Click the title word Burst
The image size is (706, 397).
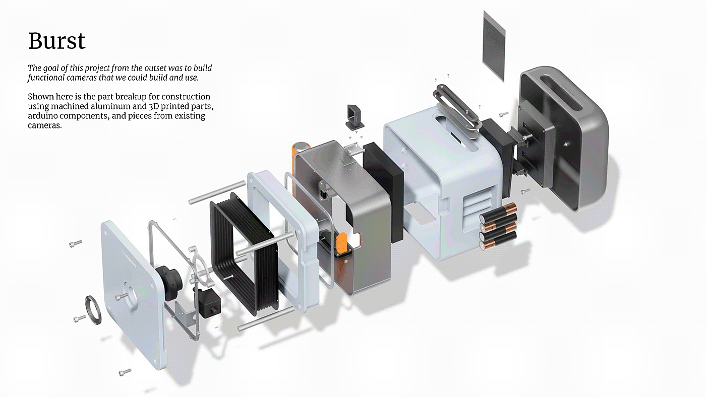(x=57, y=40)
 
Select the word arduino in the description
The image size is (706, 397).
(x=44, y=116)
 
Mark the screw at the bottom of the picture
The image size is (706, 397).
(x=125, y=372)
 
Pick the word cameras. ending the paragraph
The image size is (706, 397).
(x=44, y=126)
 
